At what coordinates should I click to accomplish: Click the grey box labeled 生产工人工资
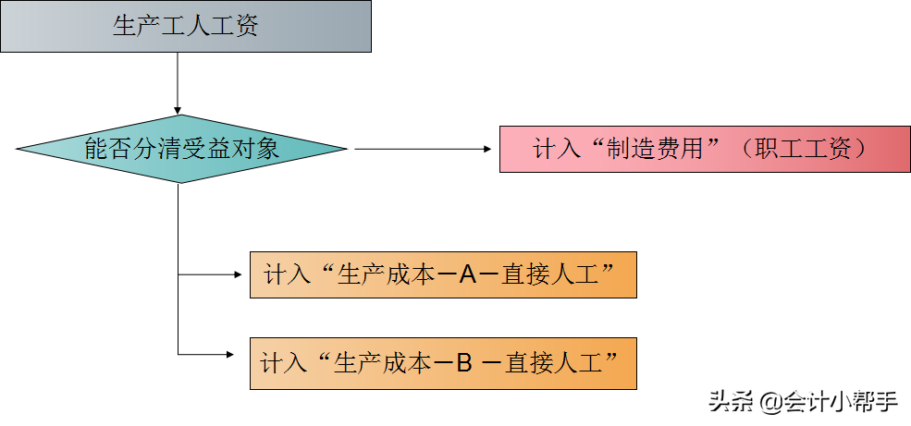click(186, 26)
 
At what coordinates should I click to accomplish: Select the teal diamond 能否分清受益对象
click(181, 149)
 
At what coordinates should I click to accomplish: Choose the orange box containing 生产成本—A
click(443, 274)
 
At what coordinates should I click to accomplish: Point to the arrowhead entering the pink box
click(490, 149)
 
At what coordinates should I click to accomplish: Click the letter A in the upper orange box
click(467, 274)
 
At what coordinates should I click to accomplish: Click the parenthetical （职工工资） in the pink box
click(804, 149)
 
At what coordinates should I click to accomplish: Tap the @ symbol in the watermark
click(769, 402)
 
